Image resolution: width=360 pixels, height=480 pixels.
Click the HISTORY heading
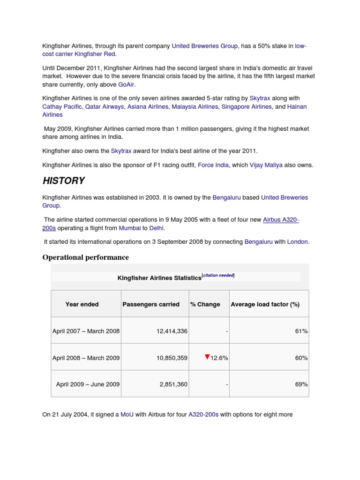click(x=64, y=181)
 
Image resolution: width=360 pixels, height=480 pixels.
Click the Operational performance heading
click(x=85, y=257)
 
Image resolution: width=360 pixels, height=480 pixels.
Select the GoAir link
click(x=126, y=84)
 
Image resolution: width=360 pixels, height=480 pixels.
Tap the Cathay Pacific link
click(x=62, y=107)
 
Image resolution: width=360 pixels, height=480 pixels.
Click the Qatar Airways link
click(x=105, y=107)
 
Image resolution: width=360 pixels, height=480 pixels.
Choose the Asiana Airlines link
click(x=148, y=107)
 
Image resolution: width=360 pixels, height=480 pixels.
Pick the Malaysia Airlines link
click(x=195, y=107)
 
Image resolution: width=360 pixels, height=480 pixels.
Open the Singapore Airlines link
click(x=247, y=107)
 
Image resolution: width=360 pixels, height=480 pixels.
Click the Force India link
click(x=213, y=165)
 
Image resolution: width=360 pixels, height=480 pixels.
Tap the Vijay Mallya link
click(x=266, y=165)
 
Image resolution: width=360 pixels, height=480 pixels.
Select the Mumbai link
click(x=130, y=228)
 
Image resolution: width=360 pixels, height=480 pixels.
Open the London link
click(x=297, y=242)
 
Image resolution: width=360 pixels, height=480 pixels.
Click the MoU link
click(x=127, y=414)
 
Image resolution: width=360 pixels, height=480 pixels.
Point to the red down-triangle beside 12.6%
click(x=207, y=357)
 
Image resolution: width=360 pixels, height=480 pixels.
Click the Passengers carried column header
click(x=151, y=304)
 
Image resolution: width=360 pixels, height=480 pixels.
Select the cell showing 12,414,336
click(x=172, y=331)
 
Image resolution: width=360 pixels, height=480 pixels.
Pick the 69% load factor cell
click(x=301, y=384)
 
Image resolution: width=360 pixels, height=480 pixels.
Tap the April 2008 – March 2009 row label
click(x=86, y=358)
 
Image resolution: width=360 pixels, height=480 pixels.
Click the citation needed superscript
click(x=218, y=276)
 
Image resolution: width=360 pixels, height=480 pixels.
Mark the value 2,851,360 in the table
click(x=173, y=384)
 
